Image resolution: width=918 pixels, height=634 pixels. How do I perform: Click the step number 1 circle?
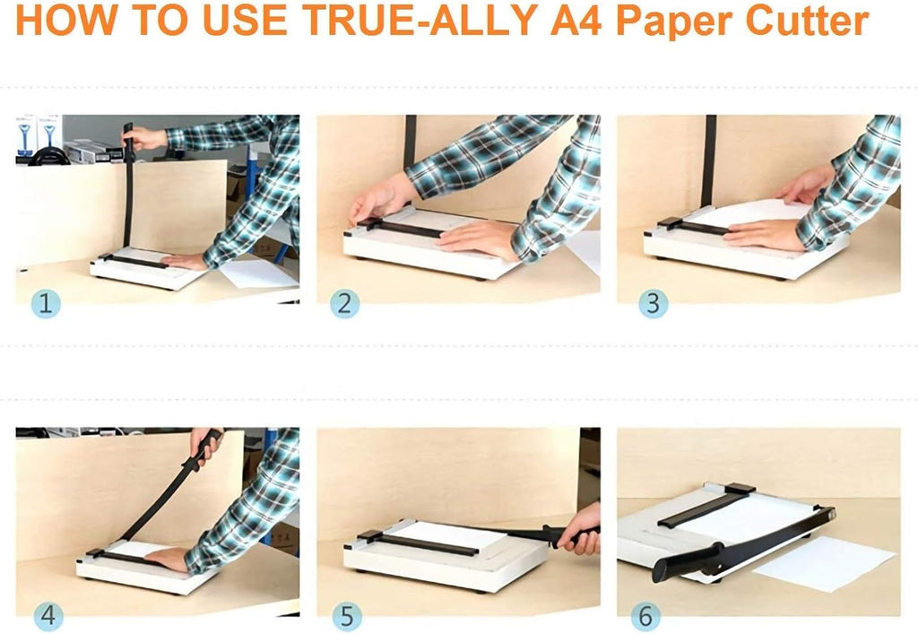click(46, 303)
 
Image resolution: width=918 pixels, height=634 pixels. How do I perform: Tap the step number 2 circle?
click(345, 303)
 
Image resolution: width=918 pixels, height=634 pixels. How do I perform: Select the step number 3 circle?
click(654, 303)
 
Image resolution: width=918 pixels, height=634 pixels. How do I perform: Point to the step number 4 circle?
click(48, 616)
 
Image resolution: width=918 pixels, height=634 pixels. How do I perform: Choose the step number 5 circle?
click(347, 616)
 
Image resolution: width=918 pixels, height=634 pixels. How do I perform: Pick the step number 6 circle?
click(645, 616)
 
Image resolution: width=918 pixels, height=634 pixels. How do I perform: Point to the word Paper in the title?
click(674, 22)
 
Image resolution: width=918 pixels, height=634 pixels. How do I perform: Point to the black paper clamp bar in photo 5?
click(418, 543)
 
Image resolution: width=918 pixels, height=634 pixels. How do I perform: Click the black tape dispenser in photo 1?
click(48, 156)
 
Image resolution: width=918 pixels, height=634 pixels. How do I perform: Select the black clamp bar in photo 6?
click(706, 504)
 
